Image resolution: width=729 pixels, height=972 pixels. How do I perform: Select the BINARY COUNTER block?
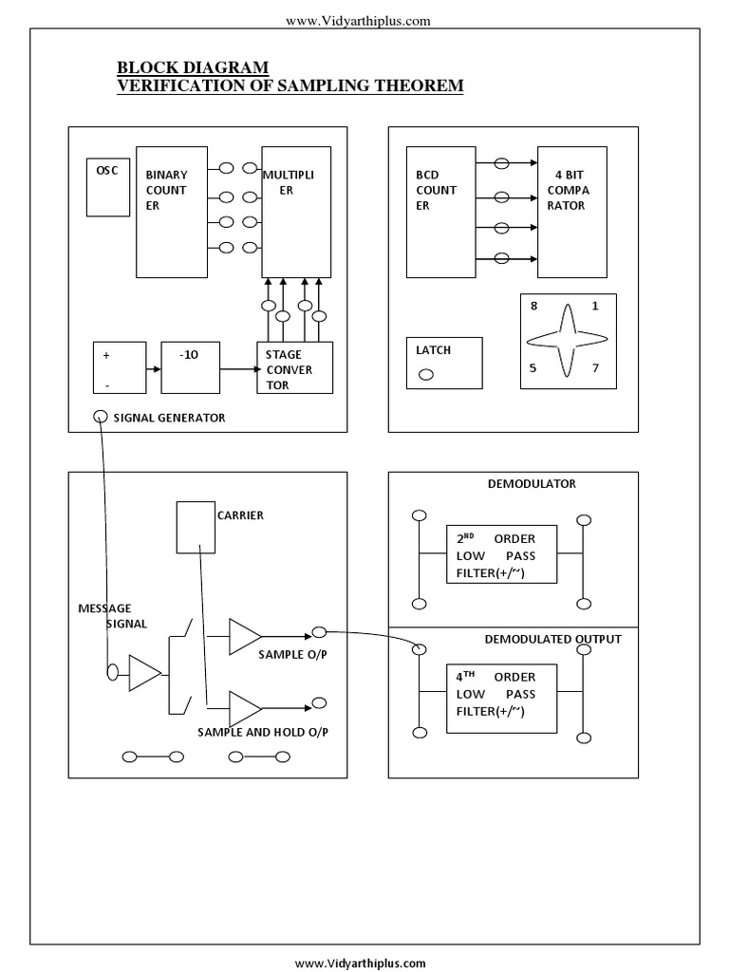click(171, 212)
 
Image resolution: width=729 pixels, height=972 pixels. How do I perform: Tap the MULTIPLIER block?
click(296, 212)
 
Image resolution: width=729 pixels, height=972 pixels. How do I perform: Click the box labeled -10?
click(190, 366)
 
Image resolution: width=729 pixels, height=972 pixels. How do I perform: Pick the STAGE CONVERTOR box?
click(294, 367)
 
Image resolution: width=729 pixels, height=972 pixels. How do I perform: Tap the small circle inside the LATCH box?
click(425, 374)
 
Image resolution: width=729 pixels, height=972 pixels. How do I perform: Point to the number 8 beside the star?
click(533, 307)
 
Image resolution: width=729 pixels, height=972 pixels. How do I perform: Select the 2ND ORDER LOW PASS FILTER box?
click(501, 554)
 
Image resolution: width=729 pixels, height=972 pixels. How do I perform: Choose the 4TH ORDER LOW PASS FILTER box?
click(501, 698)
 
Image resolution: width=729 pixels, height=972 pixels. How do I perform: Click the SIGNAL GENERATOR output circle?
click(100, 417)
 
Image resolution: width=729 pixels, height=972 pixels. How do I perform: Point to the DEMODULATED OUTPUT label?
click(552, 639)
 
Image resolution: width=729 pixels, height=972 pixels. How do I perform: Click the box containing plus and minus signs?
click(119, 366)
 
